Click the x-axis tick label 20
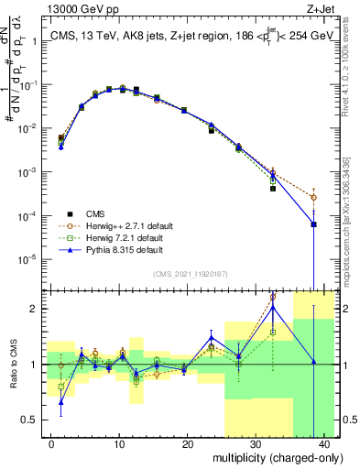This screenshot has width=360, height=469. click(187, 443)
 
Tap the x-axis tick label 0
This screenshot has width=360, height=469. click(51, 443)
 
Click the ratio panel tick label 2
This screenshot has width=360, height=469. click(37, 309)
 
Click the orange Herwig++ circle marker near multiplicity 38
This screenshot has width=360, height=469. click(313, 197)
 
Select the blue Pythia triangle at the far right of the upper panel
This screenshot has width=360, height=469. click(313, 224)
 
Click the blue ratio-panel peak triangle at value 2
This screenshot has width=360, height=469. click(273, 308)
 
